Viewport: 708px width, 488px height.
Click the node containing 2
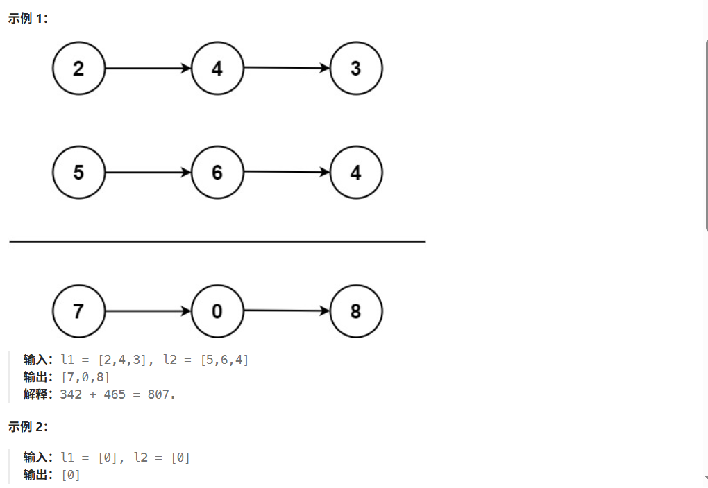[78, 69]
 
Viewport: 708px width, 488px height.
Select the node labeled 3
[356, 69]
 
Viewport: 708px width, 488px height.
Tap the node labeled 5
[78, 172]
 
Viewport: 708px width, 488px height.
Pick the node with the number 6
[217, 172]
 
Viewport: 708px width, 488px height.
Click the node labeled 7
[78, 311]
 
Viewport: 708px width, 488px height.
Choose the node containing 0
[217, 311]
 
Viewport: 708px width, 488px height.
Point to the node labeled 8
[356, 311]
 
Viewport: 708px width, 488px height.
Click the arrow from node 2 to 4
[147, 69]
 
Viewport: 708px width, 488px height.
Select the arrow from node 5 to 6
[147, 172]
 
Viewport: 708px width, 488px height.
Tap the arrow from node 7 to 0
[147, 311]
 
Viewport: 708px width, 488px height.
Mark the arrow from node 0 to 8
[287, 311]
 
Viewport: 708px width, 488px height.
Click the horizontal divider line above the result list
[217, 241]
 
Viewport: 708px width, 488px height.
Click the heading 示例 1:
[28, 19]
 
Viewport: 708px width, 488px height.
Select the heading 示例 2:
[28, 427]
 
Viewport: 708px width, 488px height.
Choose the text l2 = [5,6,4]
[205, 360]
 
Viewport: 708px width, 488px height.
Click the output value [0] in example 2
[71, 475]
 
